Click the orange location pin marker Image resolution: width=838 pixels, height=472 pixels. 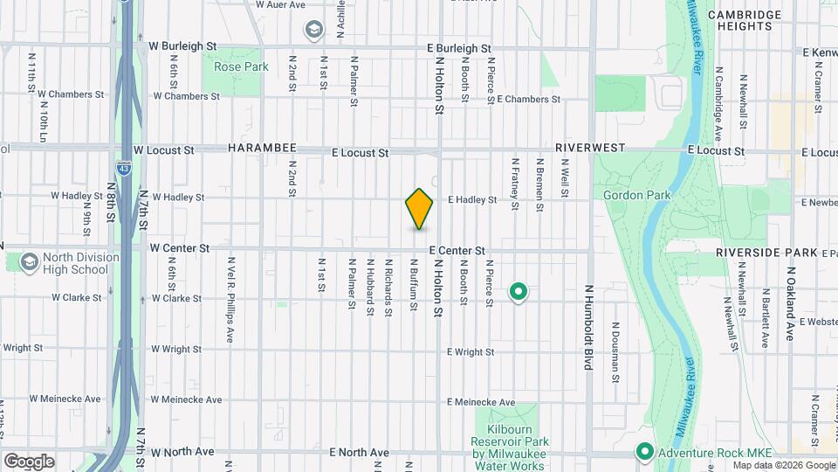[419, 209]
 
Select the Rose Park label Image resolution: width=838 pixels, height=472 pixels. [234, 66]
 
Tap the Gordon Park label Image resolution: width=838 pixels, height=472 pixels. [633, 194]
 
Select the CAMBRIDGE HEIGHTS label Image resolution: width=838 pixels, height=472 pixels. [745, 21]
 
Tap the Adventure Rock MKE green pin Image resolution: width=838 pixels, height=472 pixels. [644, 452]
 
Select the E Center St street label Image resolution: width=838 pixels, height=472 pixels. [457, 251]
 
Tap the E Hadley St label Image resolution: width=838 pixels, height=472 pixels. [471, 200]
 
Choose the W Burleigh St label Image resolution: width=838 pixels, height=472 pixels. [182, 45]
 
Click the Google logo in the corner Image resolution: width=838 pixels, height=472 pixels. [29, 461]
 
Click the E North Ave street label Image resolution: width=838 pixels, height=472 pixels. [360, 453]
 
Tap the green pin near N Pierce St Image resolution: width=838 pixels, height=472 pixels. [519, 292]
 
